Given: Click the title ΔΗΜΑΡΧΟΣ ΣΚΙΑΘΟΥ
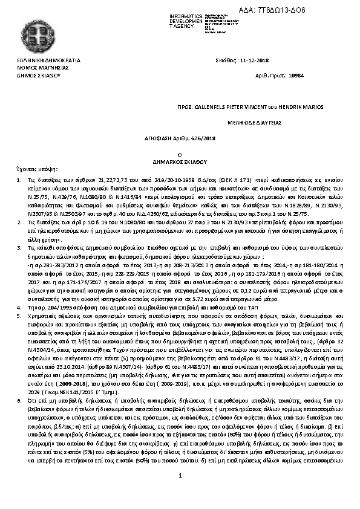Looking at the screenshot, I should pyautogui.click(x=180, y=162).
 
